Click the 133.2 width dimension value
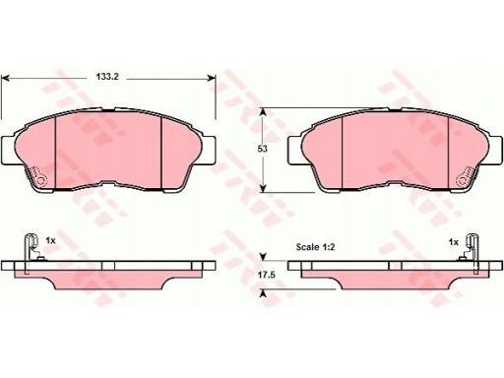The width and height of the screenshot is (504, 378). pos(107,77)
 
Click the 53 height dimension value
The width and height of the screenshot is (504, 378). pos(262,149)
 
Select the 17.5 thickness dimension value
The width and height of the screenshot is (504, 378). pos(266,275)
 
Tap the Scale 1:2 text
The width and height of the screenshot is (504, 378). pos(315,247)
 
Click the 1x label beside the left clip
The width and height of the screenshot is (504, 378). pos(50,241)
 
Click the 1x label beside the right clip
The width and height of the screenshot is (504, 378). pos(453,242)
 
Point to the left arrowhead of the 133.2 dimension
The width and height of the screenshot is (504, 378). pos(6,79)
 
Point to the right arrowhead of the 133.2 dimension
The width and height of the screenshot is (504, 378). pos(212,78)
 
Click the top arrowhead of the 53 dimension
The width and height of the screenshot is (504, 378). pos(263,112)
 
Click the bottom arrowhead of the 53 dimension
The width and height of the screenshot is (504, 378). pos(263,188)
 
